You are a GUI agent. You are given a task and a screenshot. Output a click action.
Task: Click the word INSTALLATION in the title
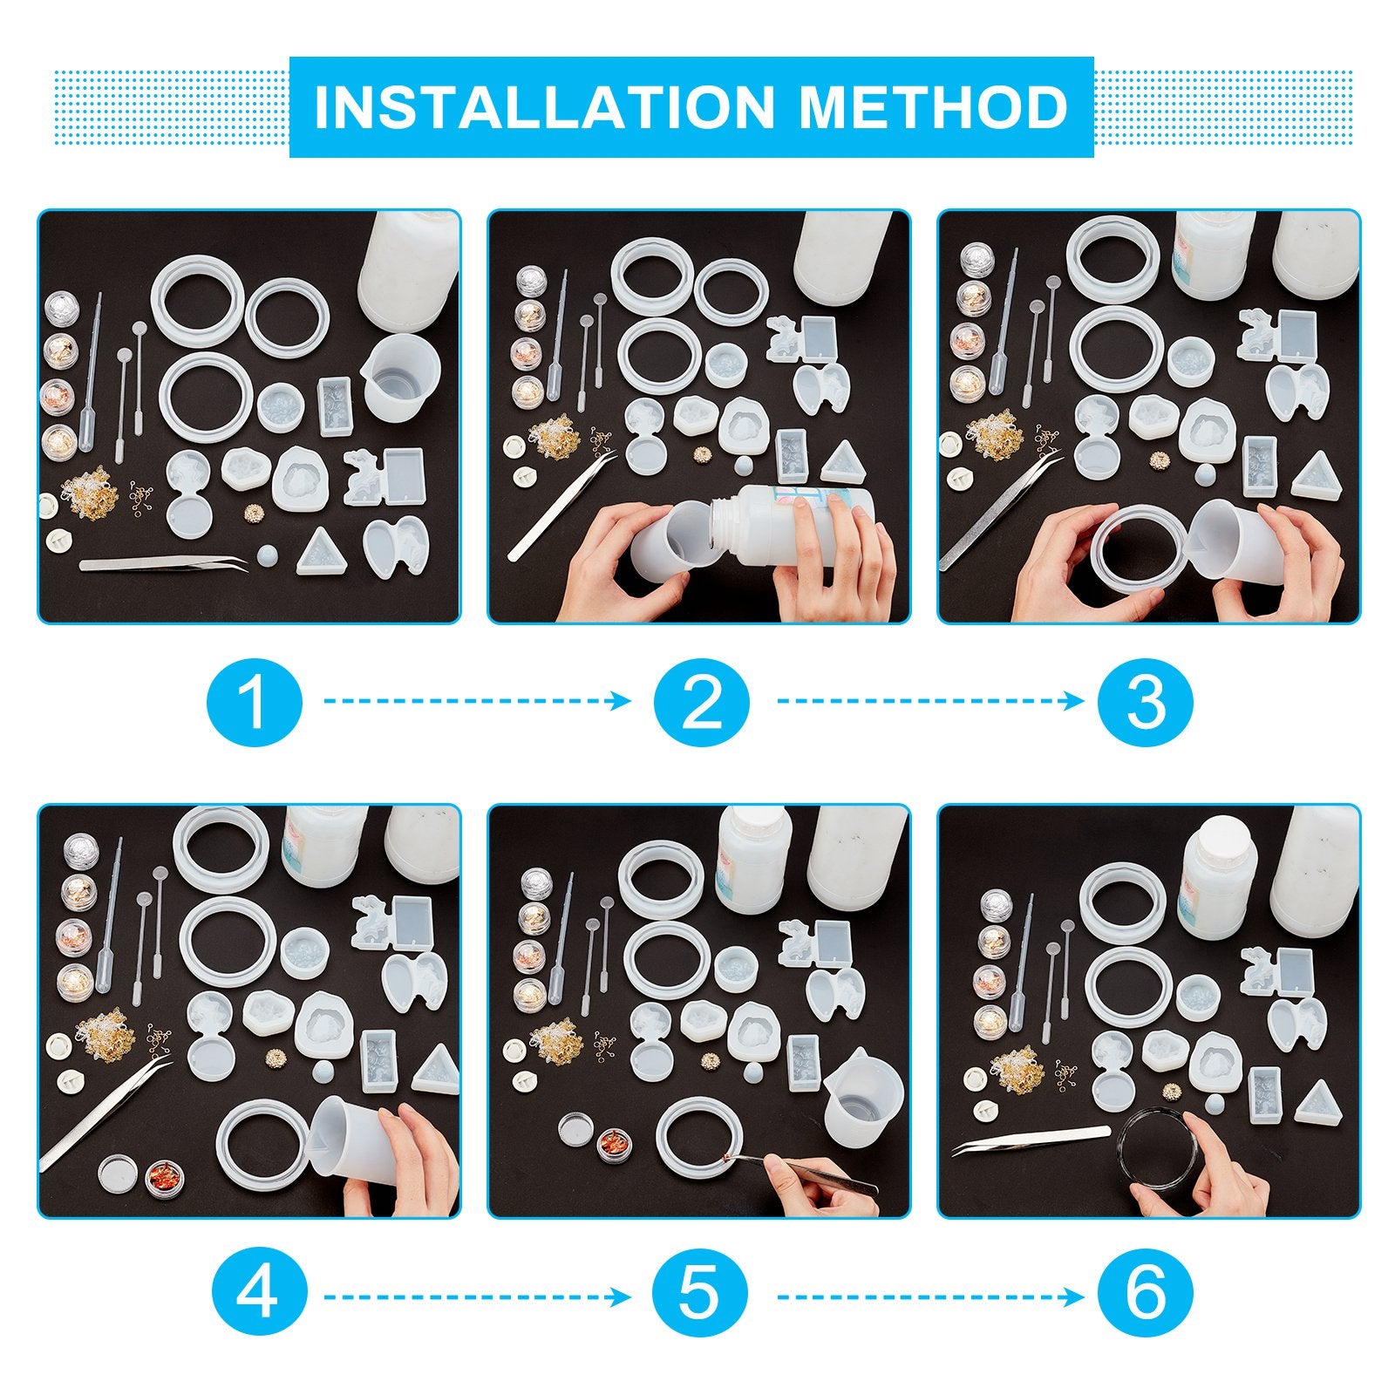click(544, 107)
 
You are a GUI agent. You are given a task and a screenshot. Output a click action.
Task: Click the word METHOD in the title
click(934, 107)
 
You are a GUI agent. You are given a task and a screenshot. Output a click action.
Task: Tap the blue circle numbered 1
click(255, 701)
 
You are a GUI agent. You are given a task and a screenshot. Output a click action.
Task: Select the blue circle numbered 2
click(702, 701)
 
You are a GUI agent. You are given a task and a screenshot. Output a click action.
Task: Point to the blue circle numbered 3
click(1146, 701)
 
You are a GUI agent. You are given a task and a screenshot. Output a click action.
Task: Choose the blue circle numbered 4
click(259, 1297)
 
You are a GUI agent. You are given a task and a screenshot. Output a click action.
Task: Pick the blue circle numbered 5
click(701, 1297)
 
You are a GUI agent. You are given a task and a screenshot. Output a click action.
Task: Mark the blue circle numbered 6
click(1146, 1297)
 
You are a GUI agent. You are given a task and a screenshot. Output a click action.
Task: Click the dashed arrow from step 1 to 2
click(478, 701)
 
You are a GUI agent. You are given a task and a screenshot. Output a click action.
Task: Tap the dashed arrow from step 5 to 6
click(930, 1297)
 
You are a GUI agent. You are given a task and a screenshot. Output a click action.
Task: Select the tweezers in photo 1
click(163, 564)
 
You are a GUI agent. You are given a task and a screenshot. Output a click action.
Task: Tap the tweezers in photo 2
click(561, 507)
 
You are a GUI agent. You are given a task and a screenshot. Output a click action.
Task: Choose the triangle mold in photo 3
click(1316, 476)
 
